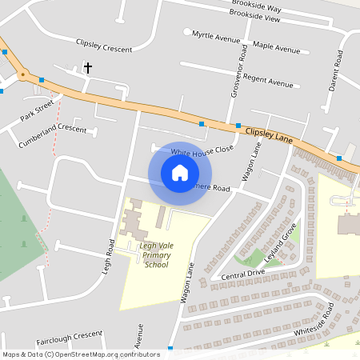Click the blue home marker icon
[180, 173]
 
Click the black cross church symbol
[88, 69]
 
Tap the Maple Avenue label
[276, 48]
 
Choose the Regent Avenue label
[268, 82]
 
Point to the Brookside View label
[254, 15]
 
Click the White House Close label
[202, 150]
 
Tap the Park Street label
[37, 110]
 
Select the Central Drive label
[243, 274]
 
